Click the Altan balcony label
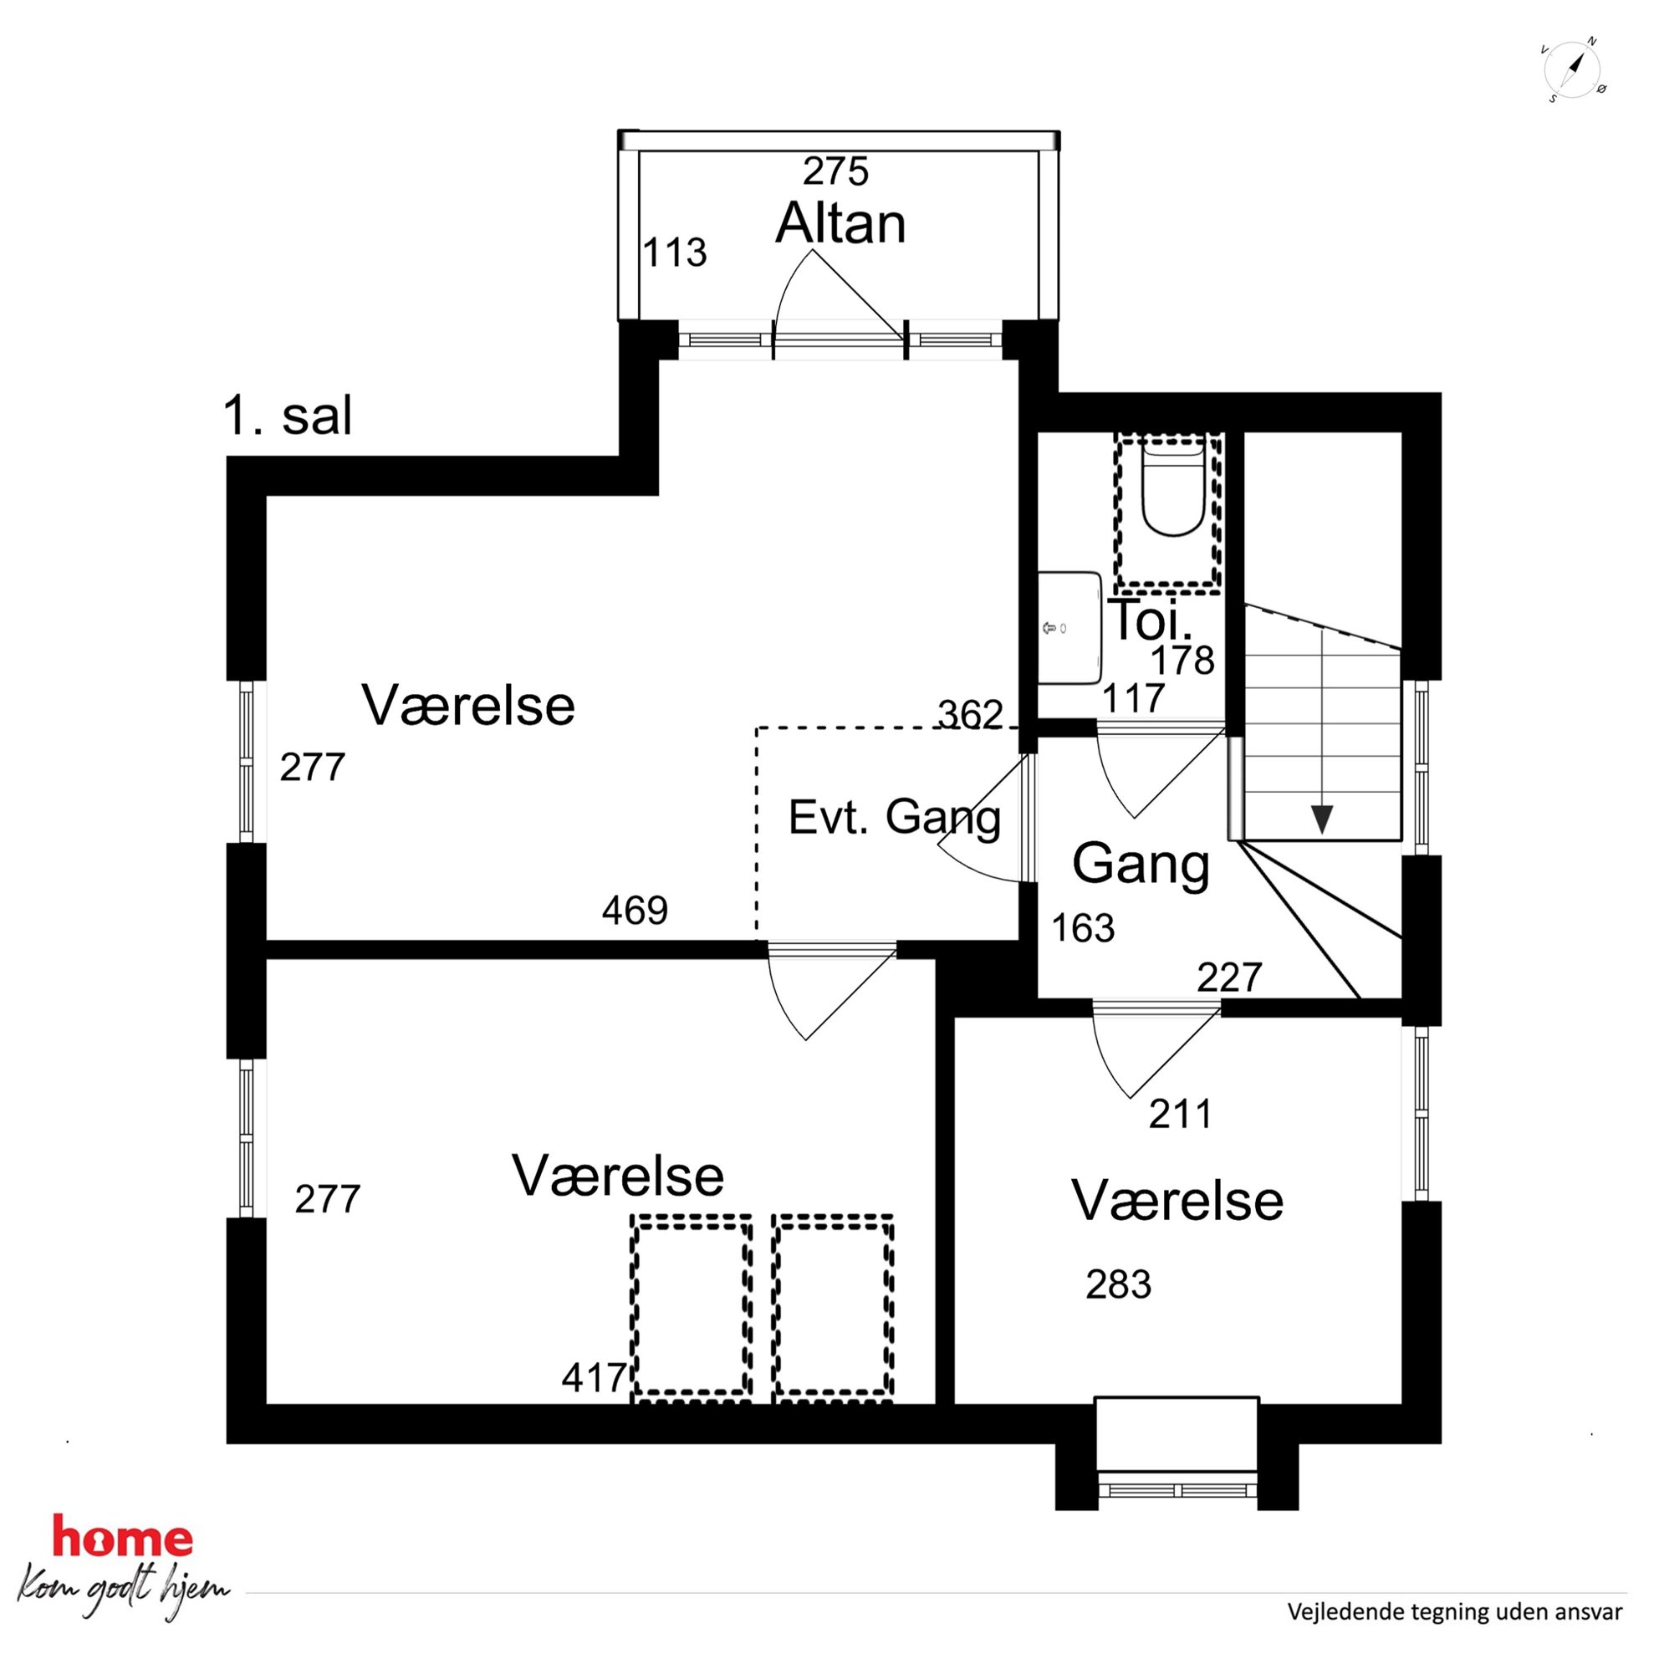(840, 224)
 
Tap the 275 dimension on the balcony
(835, 171)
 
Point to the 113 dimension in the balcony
(675, 253)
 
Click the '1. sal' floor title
(288, 416)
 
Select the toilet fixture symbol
(1173, 488)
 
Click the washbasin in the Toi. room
(1069, 629)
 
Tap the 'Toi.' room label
(1151, 619)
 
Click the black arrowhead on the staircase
(1321, 819)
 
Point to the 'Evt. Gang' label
(895, 819)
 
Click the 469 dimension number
(635, 911)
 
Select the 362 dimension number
(970, 714)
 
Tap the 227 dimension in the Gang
(1230, 978)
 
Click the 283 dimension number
(1118, 1284)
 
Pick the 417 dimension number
(595, 1378)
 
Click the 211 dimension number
(1181, 1114)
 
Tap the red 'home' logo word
(123, 1534)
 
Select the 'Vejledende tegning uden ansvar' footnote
(1455, 1612)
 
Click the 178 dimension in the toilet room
(1182, 661)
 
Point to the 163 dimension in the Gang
(1083, 928)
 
